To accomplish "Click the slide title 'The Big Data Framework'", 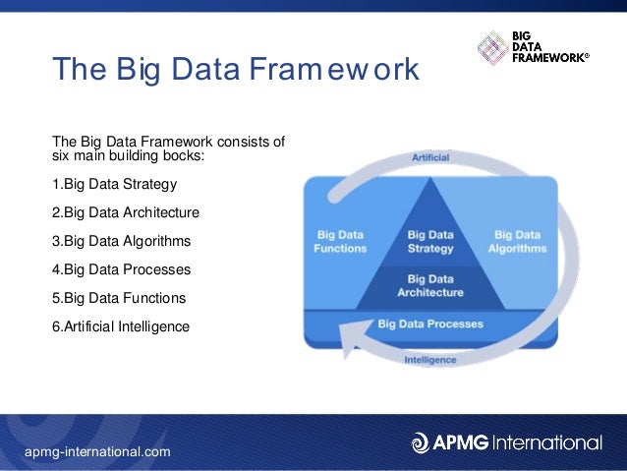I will [236, 70].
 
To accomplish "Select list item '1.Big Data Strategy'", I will [115, 184].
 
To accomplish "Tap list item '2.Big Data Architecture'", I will [125, 212].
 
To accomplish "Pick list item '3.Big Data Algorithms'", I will [121, 241].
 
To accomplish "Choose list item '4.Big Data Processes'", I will [121, 269].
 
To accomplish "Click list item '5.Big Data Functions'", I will [119, 298].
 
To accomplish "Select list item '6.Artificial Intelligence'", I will [121, 326].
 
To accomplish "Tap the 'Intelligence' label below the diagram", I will [430, 360].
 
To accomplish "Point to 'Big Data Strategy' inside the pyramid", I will [430, 242].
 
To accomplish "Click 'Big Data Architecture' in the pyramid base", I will [430, 285].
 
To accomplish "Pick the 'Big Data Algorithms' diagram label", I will [517, 242].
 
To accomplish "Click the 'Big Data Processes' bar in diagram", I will [430, 324].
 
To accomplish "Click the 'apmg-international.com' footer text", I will [98, 451].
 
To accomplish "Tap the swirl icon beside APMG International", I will [421, 442].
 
